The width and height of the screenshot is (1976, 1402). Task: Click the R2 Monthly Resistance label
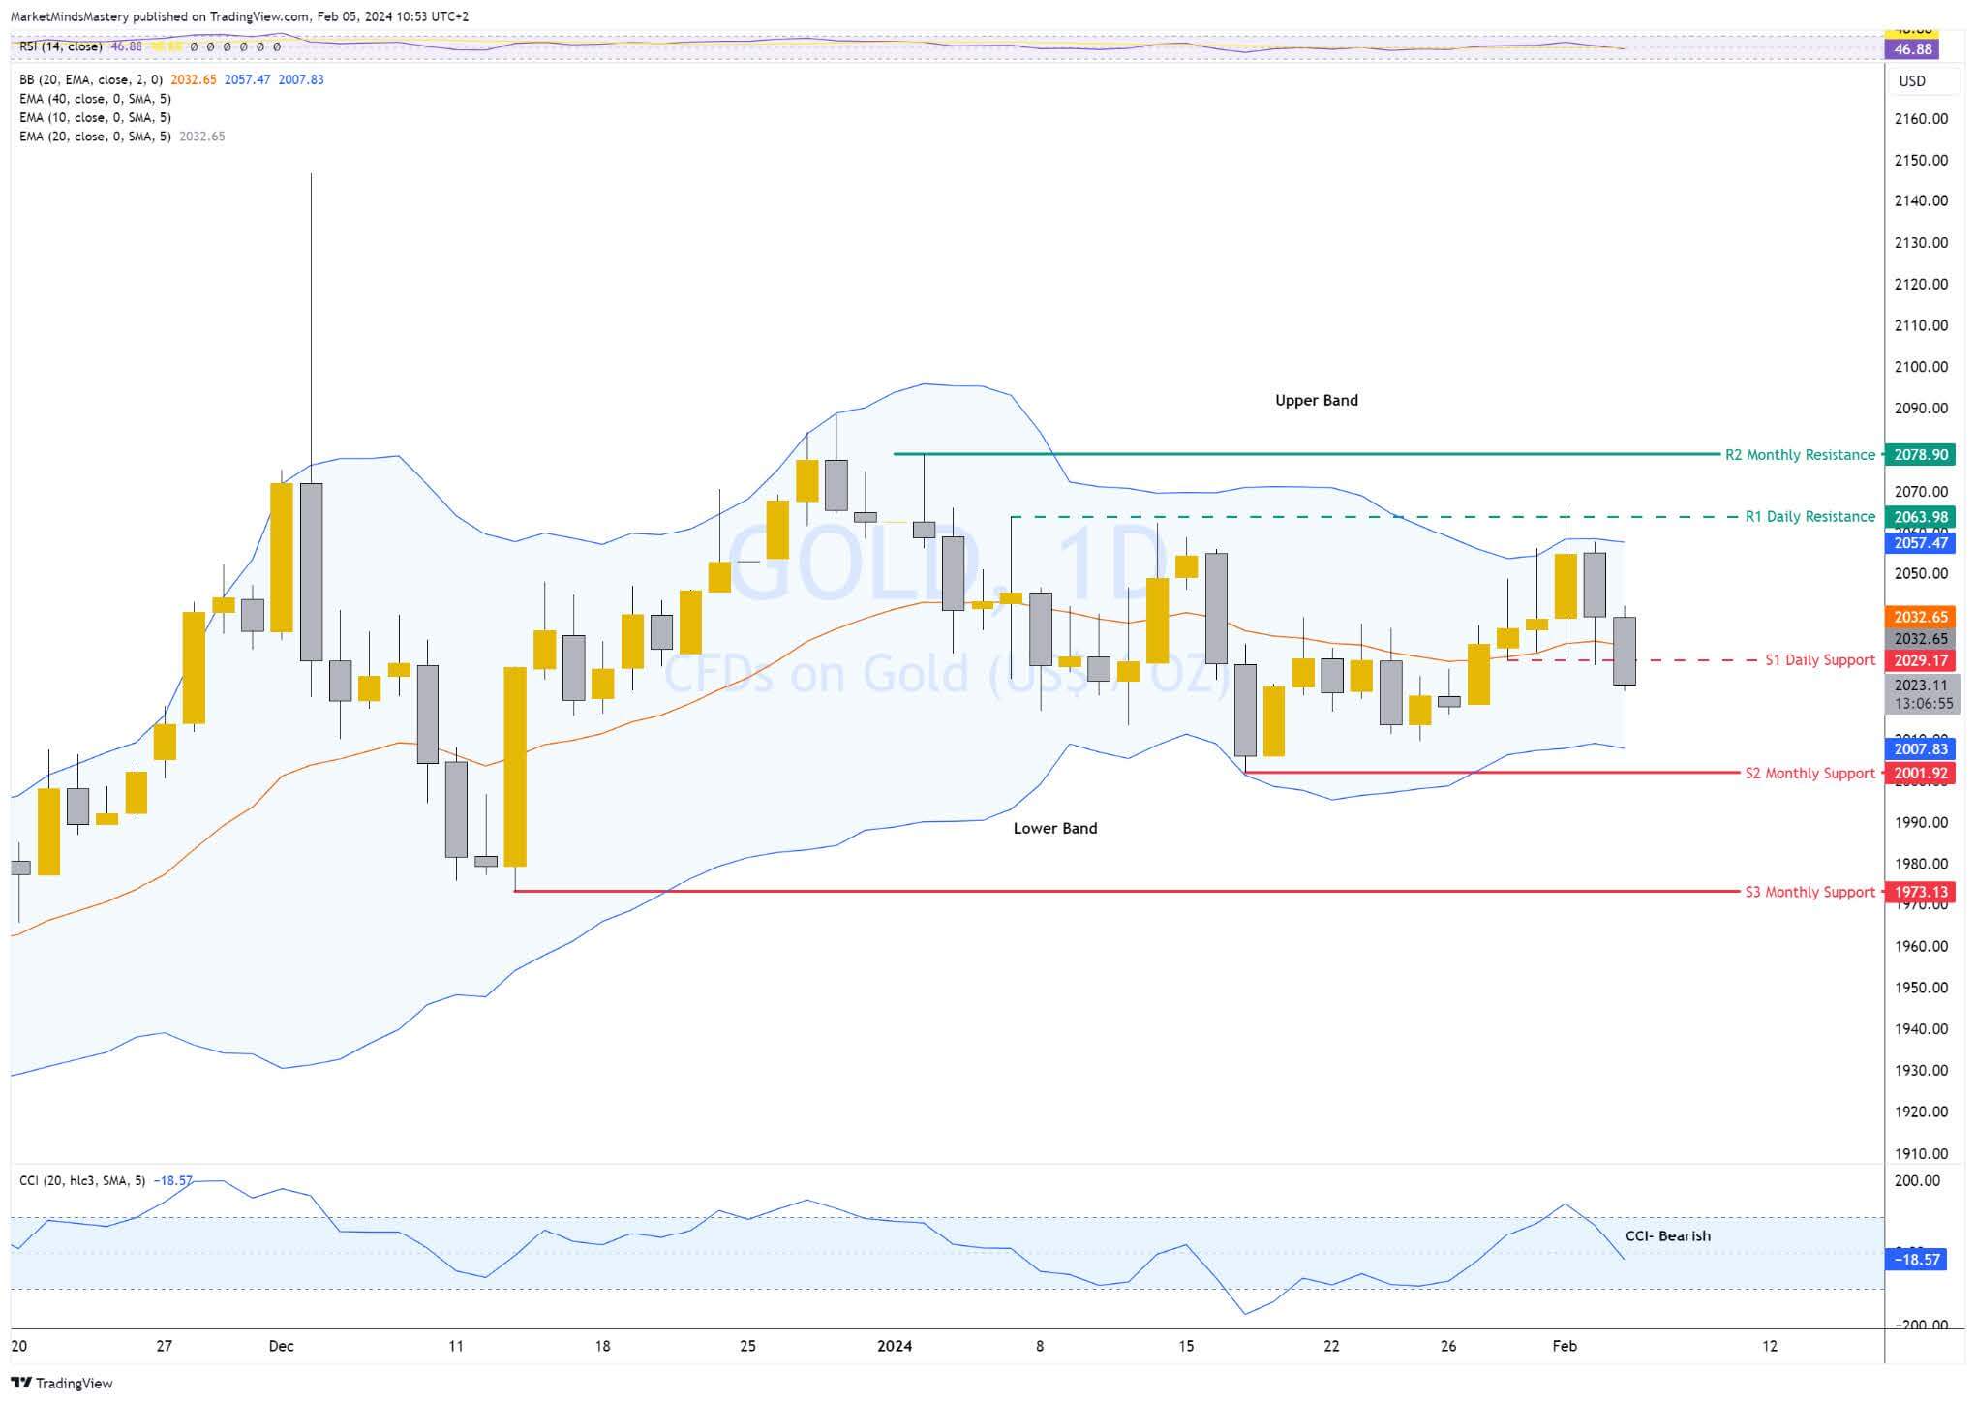pyautogui.click(x=1800, y=455)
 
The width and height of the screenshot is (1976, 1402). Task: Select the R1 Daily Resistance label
pyautogui.click(x=1809, y=517)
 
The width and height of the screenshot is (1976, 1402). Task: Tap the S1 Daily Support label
pyautogui.click(x=1819, y=660)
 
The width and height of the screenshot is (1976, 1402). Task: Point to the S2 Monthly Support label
pyautogui.click(x=1809, y=774)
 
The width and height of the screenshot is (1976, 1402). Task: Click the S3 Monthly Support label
pyautogui.click(x=1809, y=892)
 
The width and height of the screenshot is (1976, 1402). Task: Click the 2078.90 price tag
pyautogui.click(x=1921, y=455)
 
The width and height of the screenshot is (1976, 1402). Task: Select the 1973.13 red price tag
pyautogui.click(x=1921, y=893)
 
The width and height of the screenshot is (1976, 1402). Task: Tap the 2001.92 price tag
pyautogui.click(x=1921, y=774)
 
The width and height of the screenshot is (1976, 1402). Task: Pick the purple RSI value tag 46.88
pyautogui.click(x=1912, y=49)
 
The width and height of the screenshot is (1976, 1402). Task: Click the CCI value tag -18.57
pyautogui.click(x=1917, y=1260)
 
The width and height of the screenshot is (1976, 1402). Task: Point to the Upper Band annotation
pyautogui.click(x=1316, y=401)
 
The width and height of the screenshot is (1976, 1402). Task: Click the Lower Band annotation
pyautogui.click(x=1054, y=829)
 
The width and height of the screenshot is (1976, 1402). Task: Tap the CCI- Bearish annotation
pyautogui.click(x=1667, y=1236)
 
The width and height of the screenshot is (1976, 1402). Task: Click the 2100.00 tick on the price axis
pyautogui.click(x=1921, y=367)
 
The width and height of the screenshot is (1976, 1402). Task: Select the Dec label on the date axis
pyautogui.click(x=281, y=1346)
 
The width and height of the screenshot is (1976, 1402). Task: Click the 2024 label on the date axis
pyautogui.click(x=894, y=1346)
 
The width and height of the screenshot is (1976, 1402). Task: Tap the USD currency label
pyautogui.click(x=1912, y=81)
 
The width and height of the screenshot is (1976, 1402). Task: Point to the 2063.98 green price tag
pyautogui.click(x=1921, y=517)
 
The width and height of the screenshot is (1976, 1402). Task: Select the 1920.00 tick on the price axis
pyautogui.click(x=1921, y=1112)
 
